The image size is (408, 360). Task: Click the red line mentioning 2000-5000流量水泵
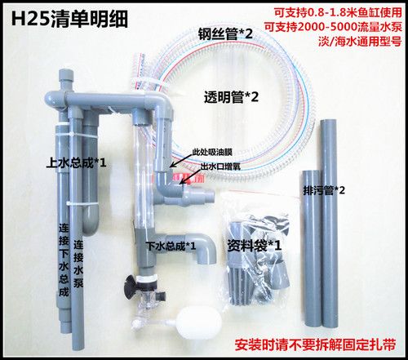[339, 28]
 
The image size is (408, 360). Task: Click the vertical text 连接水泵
[78, 270]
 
